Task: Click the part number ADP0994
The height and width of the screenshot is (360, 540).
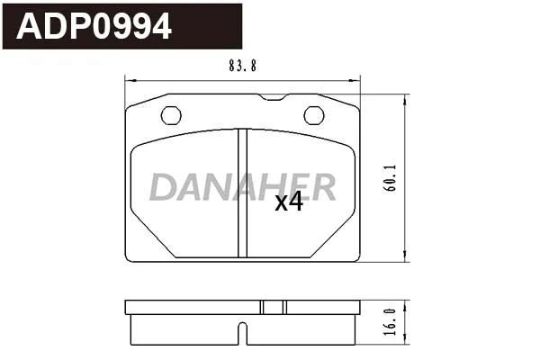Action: pyautogui.click(x=94, y=28)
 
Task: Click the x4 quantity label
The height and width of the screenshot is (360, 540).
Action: pyautogui.click(x=288, y=202)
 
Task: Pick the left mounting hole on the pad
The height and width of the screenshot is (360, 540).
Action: pyautogui.click(x=171, y=115)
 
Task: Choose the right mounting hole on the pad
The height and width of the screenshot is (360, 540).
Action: pyautogui.click(x=313, y=115)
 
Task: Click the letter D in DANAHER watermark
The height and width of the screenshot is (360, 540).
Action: pyautogui.click(x=165, y=186)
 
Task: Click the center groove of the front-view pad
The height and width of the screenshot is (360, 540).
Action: pyautogui.click(x=242, y=193)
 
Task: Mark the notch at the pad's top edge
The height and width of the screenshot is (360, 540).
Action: pyautogui.click(x=273, y=96)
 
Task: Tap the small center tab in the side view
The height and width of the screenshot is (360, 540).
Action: pyautogui.click(x=273, y=307)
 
